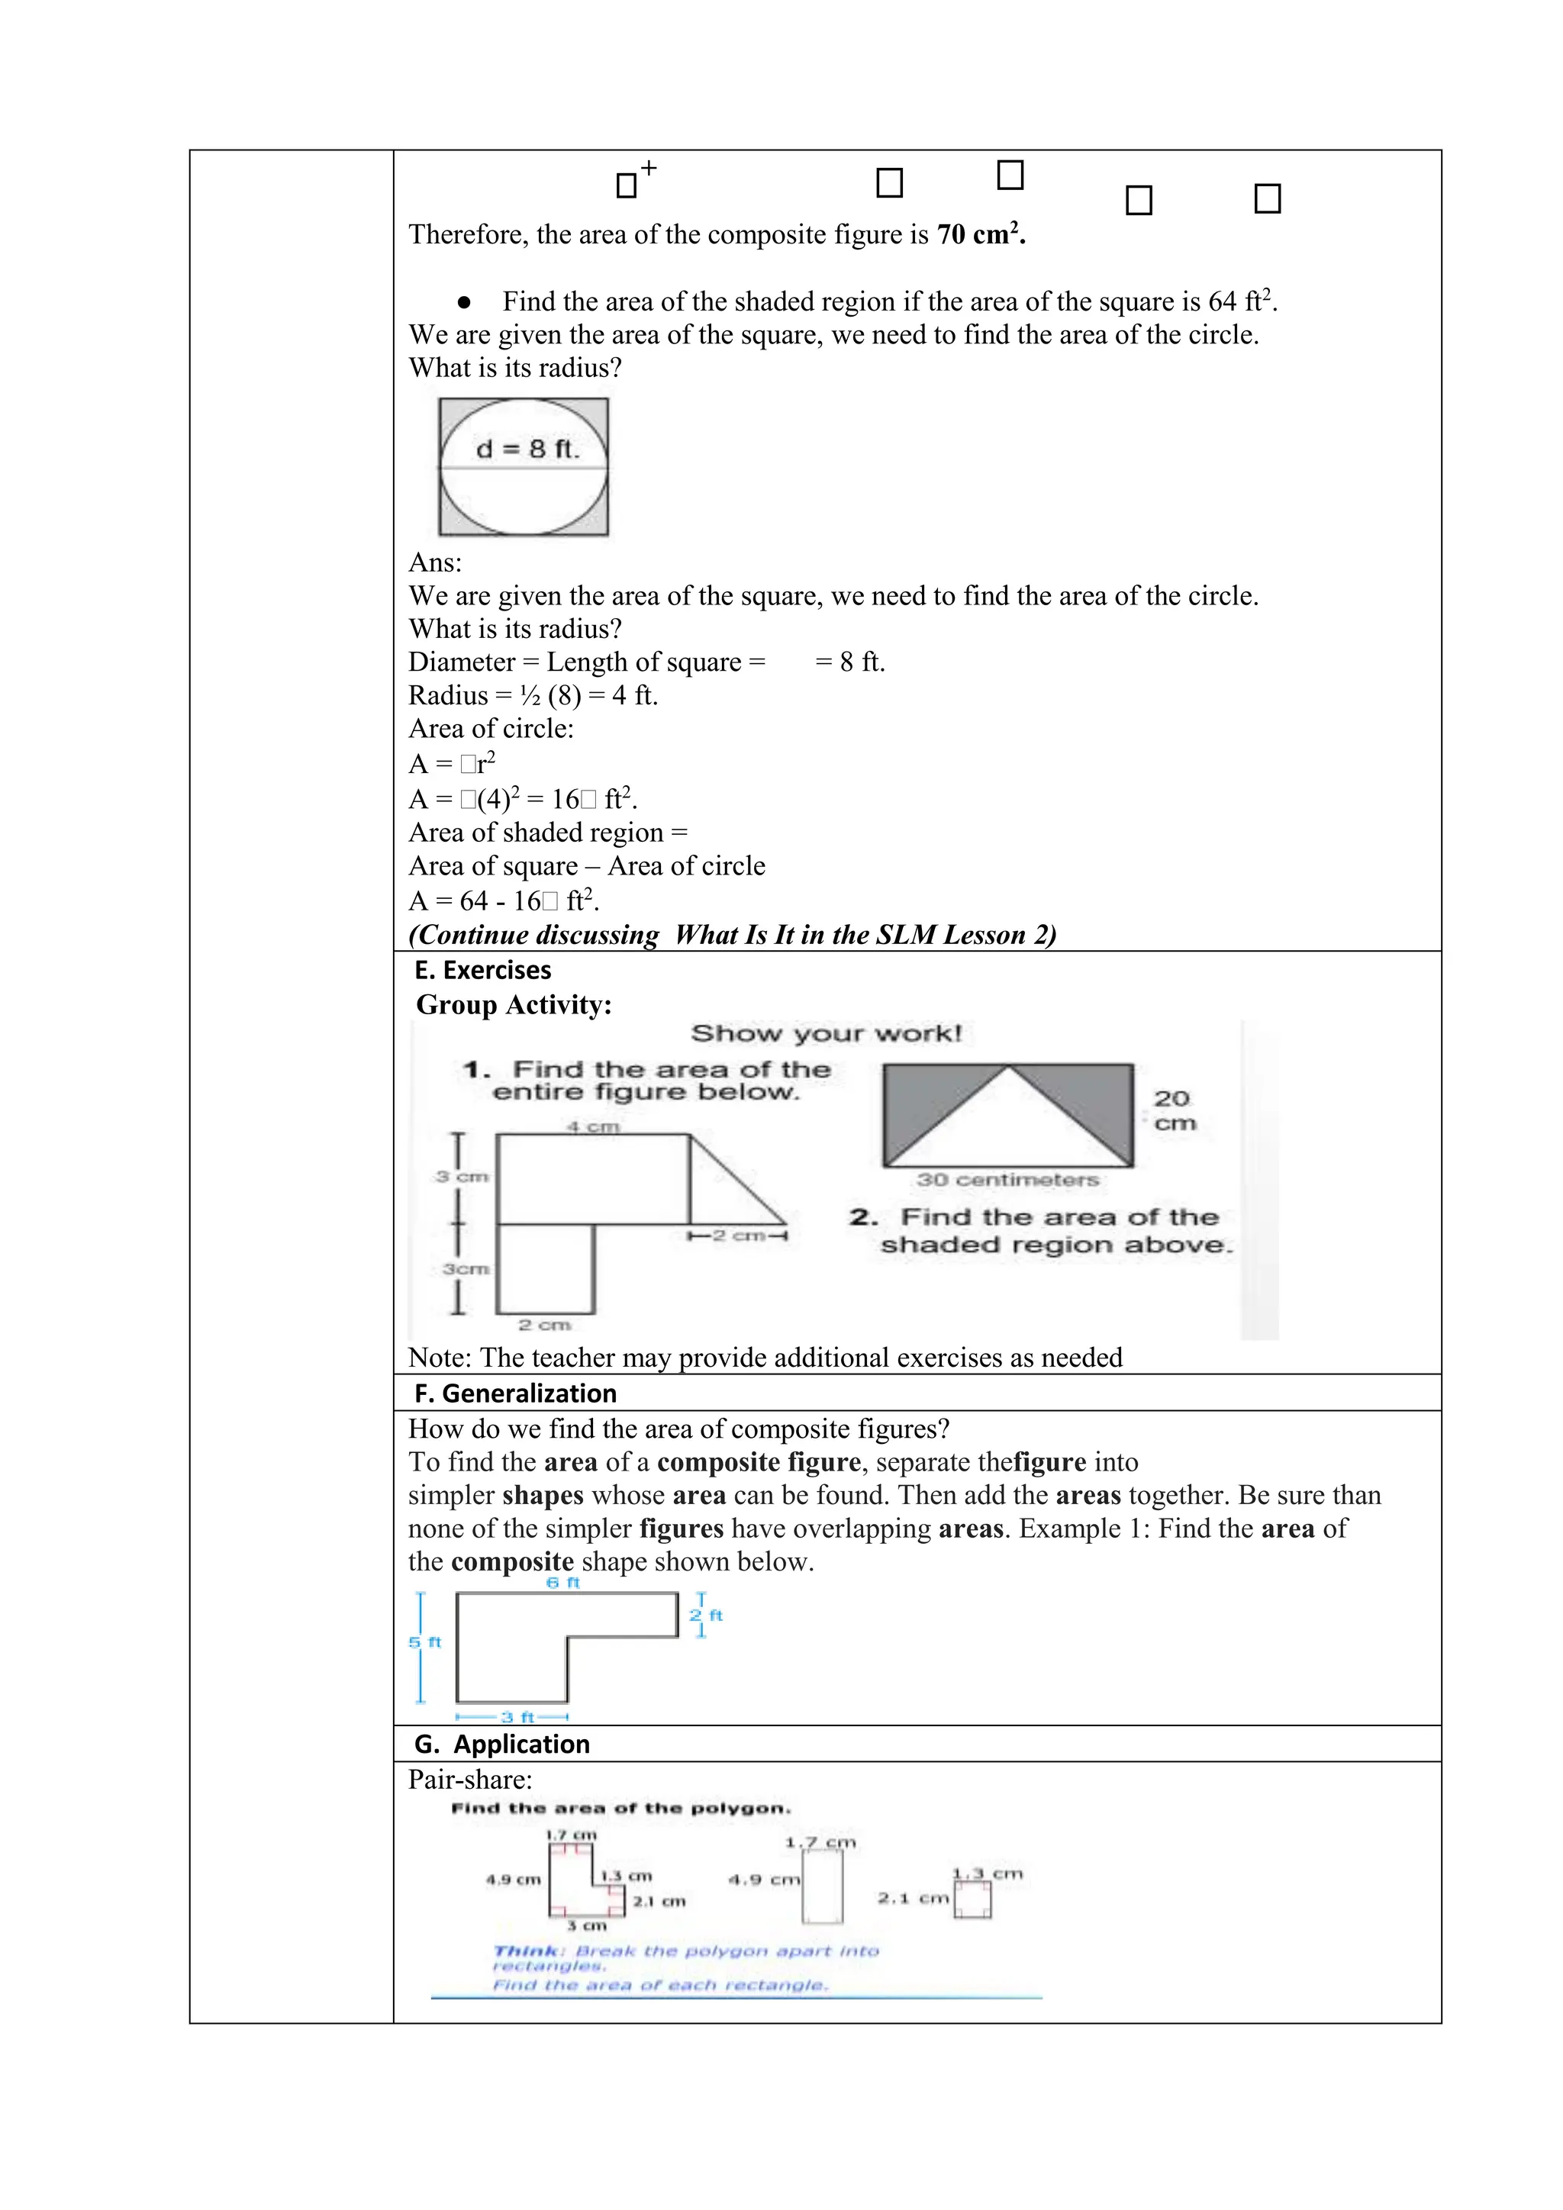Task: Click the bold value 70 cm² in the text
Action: click(980, 234)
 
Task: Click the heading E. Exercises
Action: click(483, 969)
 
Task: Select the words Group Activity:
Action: click(514, 1004)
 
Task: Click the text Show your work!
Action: click(826, 1034)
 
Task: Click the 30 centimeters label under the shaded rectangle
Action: click(1007, 1179)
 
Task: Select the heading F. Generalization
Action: click(515, 1393)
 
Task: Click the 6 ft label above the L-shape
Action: click(563, 1583)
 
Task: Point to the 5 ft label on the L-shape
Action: click(424, 1642)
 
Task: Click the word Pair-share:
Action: click(469, 1779)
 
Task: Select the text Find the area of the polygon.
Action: click(620, 1808)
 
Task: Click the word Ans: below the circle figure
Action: click(435, 562)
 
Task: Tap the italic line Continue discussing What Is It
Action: click(731, 935)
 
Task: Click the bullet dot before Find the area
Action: click(464, 302)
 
